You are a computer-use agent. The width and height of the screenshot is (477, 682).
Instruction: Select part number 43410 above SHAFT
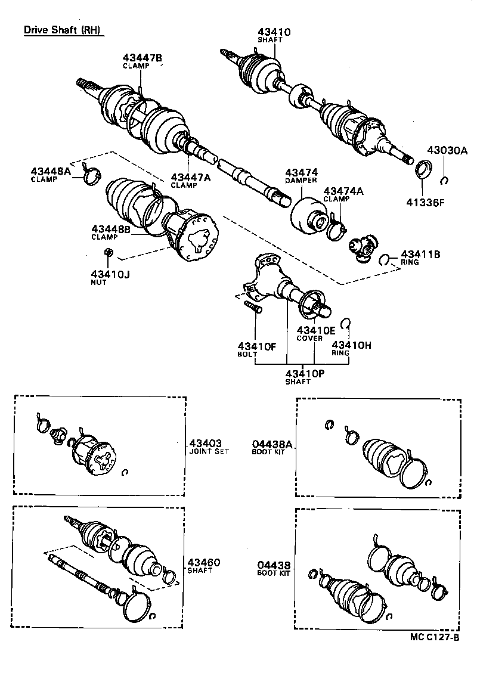(274, 32)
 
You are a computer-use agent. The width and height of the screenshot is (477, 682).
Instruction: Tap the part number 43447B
(143, 58)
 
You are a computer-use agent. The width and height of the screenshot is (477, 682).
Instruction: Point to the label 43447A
(191, 177)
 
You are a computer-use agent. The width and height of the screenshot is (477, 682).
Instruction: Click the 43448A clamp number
(51, 172)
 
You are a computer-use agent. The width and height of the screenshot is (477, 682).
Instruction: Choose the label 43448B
(111, 228)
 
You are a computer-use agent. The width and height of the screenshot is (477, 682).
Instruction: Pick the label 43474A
(343, 191)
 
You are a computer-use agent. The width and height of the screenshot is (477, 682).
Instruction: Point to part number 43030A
(447, 151)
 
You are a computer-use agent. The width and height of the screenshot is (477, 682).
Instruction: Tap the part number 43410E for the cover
(314, 330)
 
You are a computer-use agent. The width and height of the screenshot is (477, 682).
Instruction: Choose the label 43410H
(352, 345)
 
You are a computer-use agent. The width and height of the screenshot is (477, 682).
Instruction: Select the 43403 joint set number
(206, 443)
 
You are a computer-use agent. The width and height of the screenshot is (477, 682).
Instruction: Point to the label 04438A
(272, 444)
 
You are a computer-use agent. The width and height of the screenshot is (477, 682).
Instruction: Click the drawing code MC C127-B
(435, 637)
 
